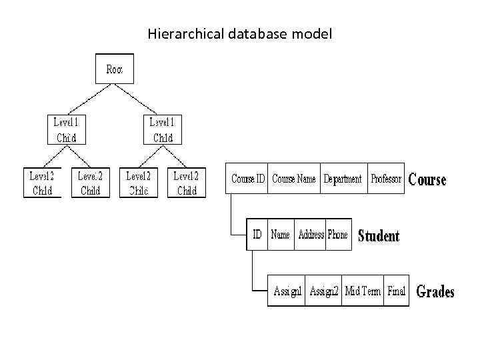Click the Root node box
tap(115, 69)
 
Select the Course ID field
tap(247, 179)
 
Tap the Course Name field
tap(294, 179)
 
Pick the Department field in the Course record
tap(343, 179)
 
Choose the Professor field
tap(386, 179)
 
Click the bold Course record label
tap(427, 179)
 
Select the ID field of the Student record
tap(257, 235)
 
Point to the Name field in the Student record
tap(281, 235)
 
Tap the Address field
tap(311, 235)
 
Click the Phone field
tap(338, 235)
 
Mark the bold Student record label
tap(379, 236)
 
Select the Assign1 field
tap(287, 291)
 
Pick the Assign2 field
tap(324, 291)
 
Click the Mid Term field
tap(363, 291)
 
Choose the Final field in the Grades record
tap(396, 291)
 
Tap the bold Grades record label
tap(435, 292)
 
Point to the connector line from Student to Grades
tap(254, 273)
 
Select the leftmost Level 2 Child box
tap(42, 183)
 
